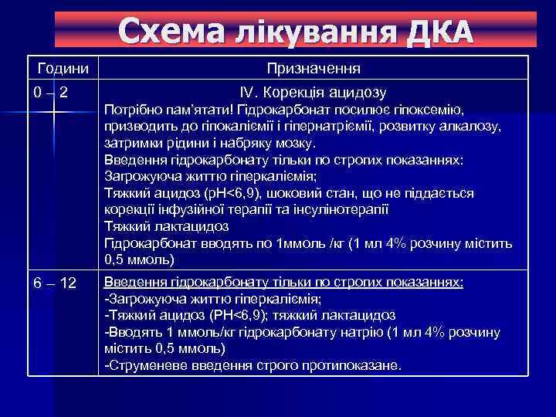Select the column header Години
[x=64, y=69]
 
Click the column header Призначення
[x=314, y=69]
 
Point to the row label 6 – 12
[x=55, y=284]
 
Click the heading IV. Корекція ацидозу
[x=314, y=92]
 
